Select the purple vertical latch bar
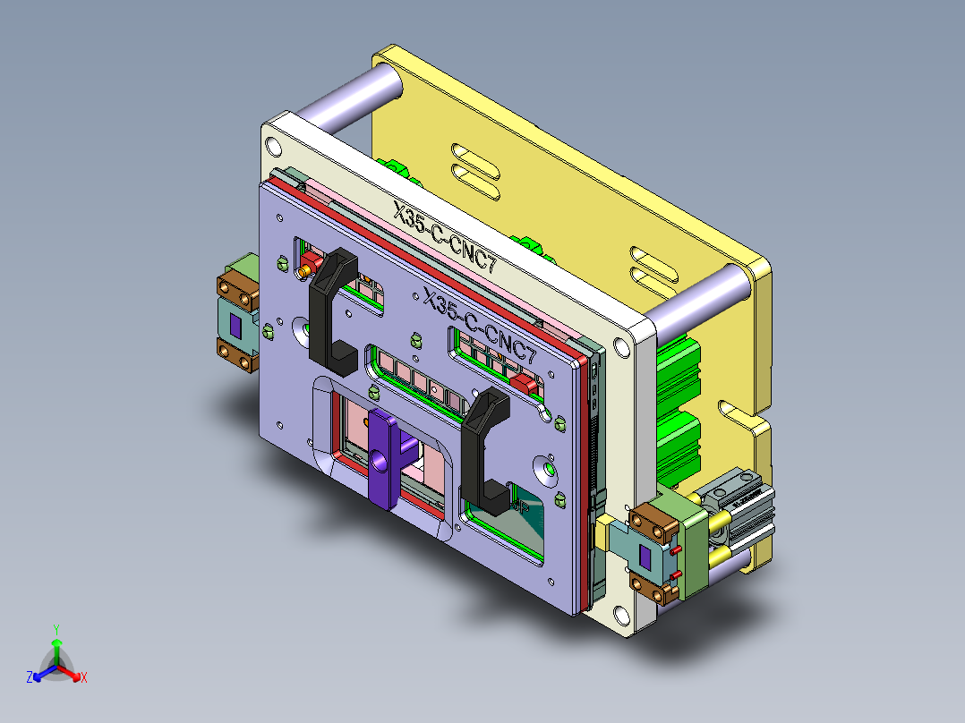pyautogui.click(x=381, y=456)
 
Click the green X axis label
pyautogui.click(x=83, y=678)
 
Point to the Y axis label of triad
pyautogui.click(x=56, y=629)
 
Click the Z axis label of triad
pyautogui.click(x=30, y=678)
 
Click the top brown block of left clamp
pyautogui.click(x=237, y=290)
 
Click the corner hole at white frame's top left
pyautogui.click(x=273, y=147)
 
